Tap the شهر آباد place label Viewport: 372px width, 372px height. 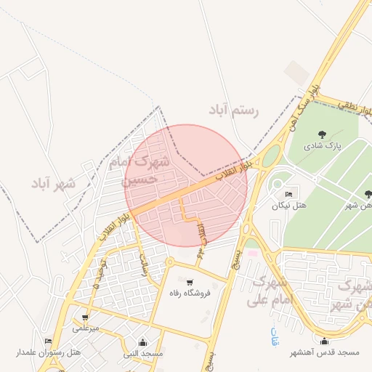(53, 183)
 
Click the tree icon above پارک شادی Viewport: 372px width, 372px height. (323, 134)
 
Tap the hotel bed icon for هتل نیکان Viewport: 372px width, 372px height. (288, 195)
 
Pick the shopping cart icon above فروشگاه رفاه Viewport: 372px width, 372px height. (190, 283)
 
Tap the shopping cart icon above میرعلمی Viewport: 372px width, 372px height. (86, 318)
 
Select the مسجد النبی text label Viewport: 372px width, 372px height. (142, 353)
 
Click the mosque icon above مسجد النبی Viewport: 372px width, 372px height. (142, 342)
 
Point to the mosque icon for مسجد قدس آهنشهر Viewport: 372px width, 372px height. (324, 341)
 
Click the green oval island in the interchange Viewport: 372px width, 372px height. (271, 155)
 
